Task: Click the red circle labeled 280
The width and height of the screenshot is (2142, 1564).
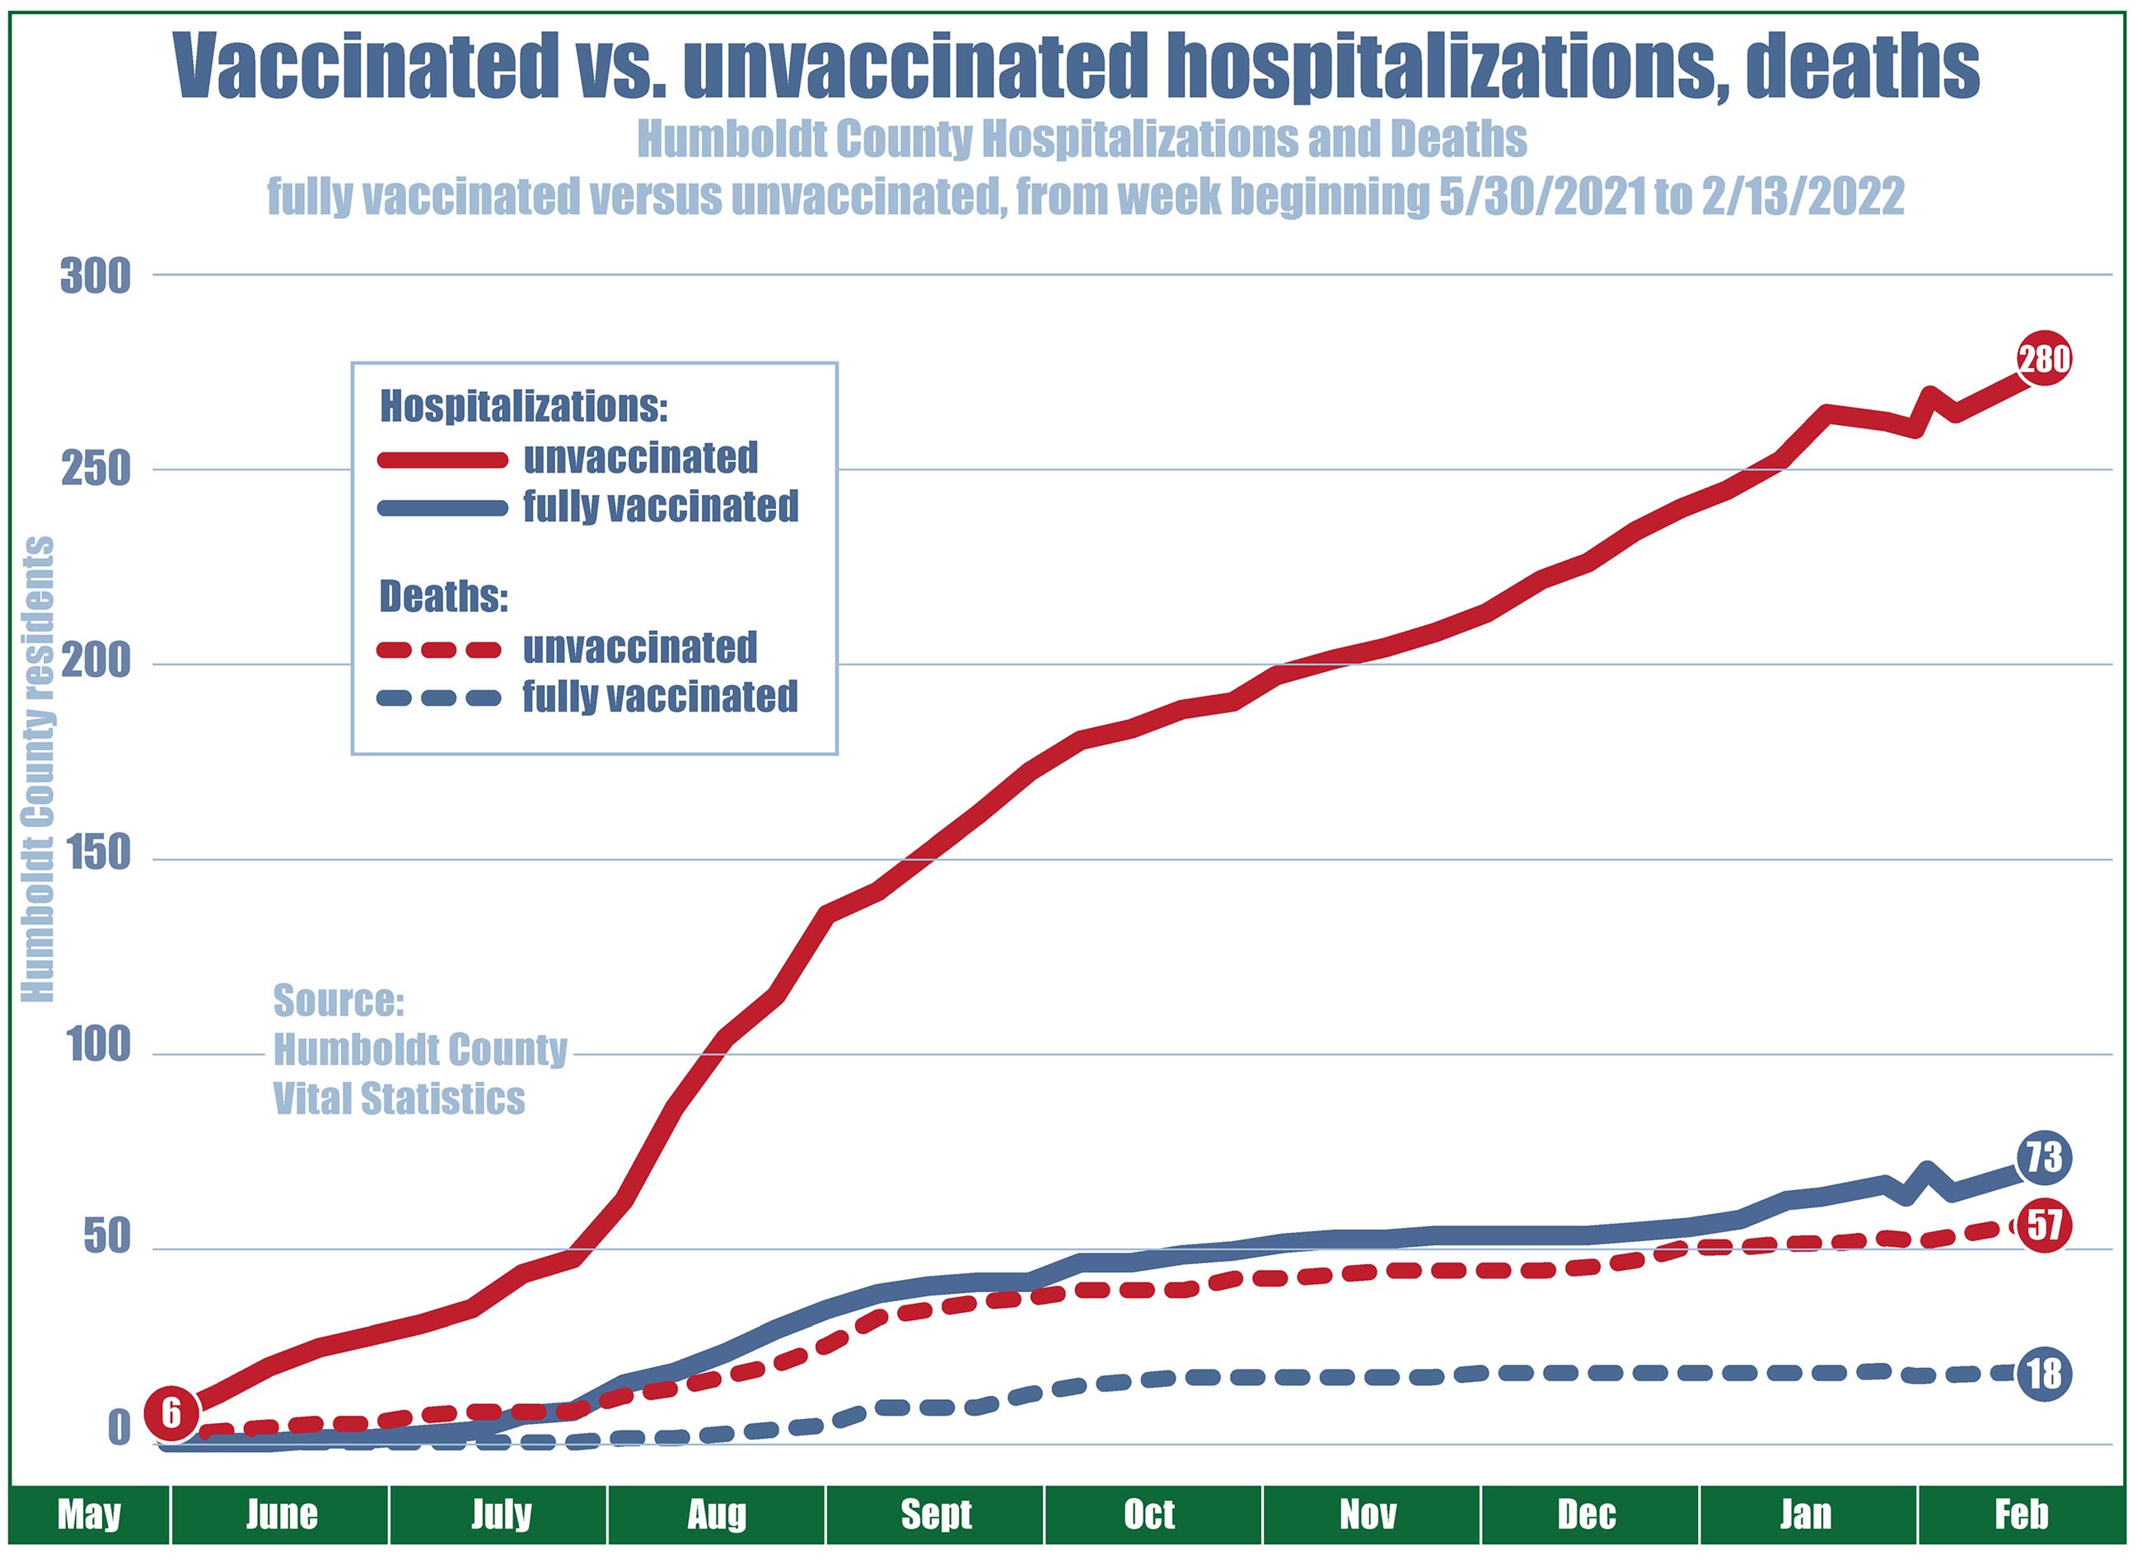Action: [2043, 360]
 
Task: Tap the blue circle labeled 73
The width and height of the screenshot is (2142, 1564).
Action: [2043, 1158]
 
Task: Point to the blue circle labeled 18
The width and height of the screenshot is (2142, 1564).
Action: [2043, 1374]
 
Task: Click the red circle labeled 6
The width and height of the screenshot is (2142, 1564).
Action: [171, 1413]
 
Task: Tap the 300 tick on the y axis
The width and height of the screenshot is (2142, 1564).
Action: [95, 278]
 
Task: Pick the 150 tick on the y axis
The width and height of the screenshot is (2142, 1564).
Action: [95, 855]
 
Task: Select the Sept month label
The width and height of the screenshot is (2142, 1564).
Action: [936, 1515]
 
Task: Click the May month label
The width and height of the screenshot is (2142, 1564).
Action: [89, 1515]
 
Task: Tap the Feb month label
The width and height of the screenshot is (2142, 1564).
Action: [2021, 1515]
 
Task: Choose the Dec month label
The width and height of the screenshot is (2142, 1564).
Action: [1586, 1515]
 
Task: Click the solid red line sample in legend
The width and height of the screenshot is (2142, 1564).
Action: [443, 460]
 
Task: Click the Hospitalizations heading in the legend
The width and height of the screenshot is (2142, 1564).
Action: [524, 407]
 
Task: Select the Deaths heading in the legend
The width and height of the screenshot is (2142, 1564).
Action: [443, 597]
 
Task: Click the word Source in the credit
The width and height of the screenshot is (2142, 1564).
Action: [338, 1001]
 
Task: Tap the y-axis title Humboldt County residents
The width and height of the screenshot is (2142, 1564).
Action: [38, 768]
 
